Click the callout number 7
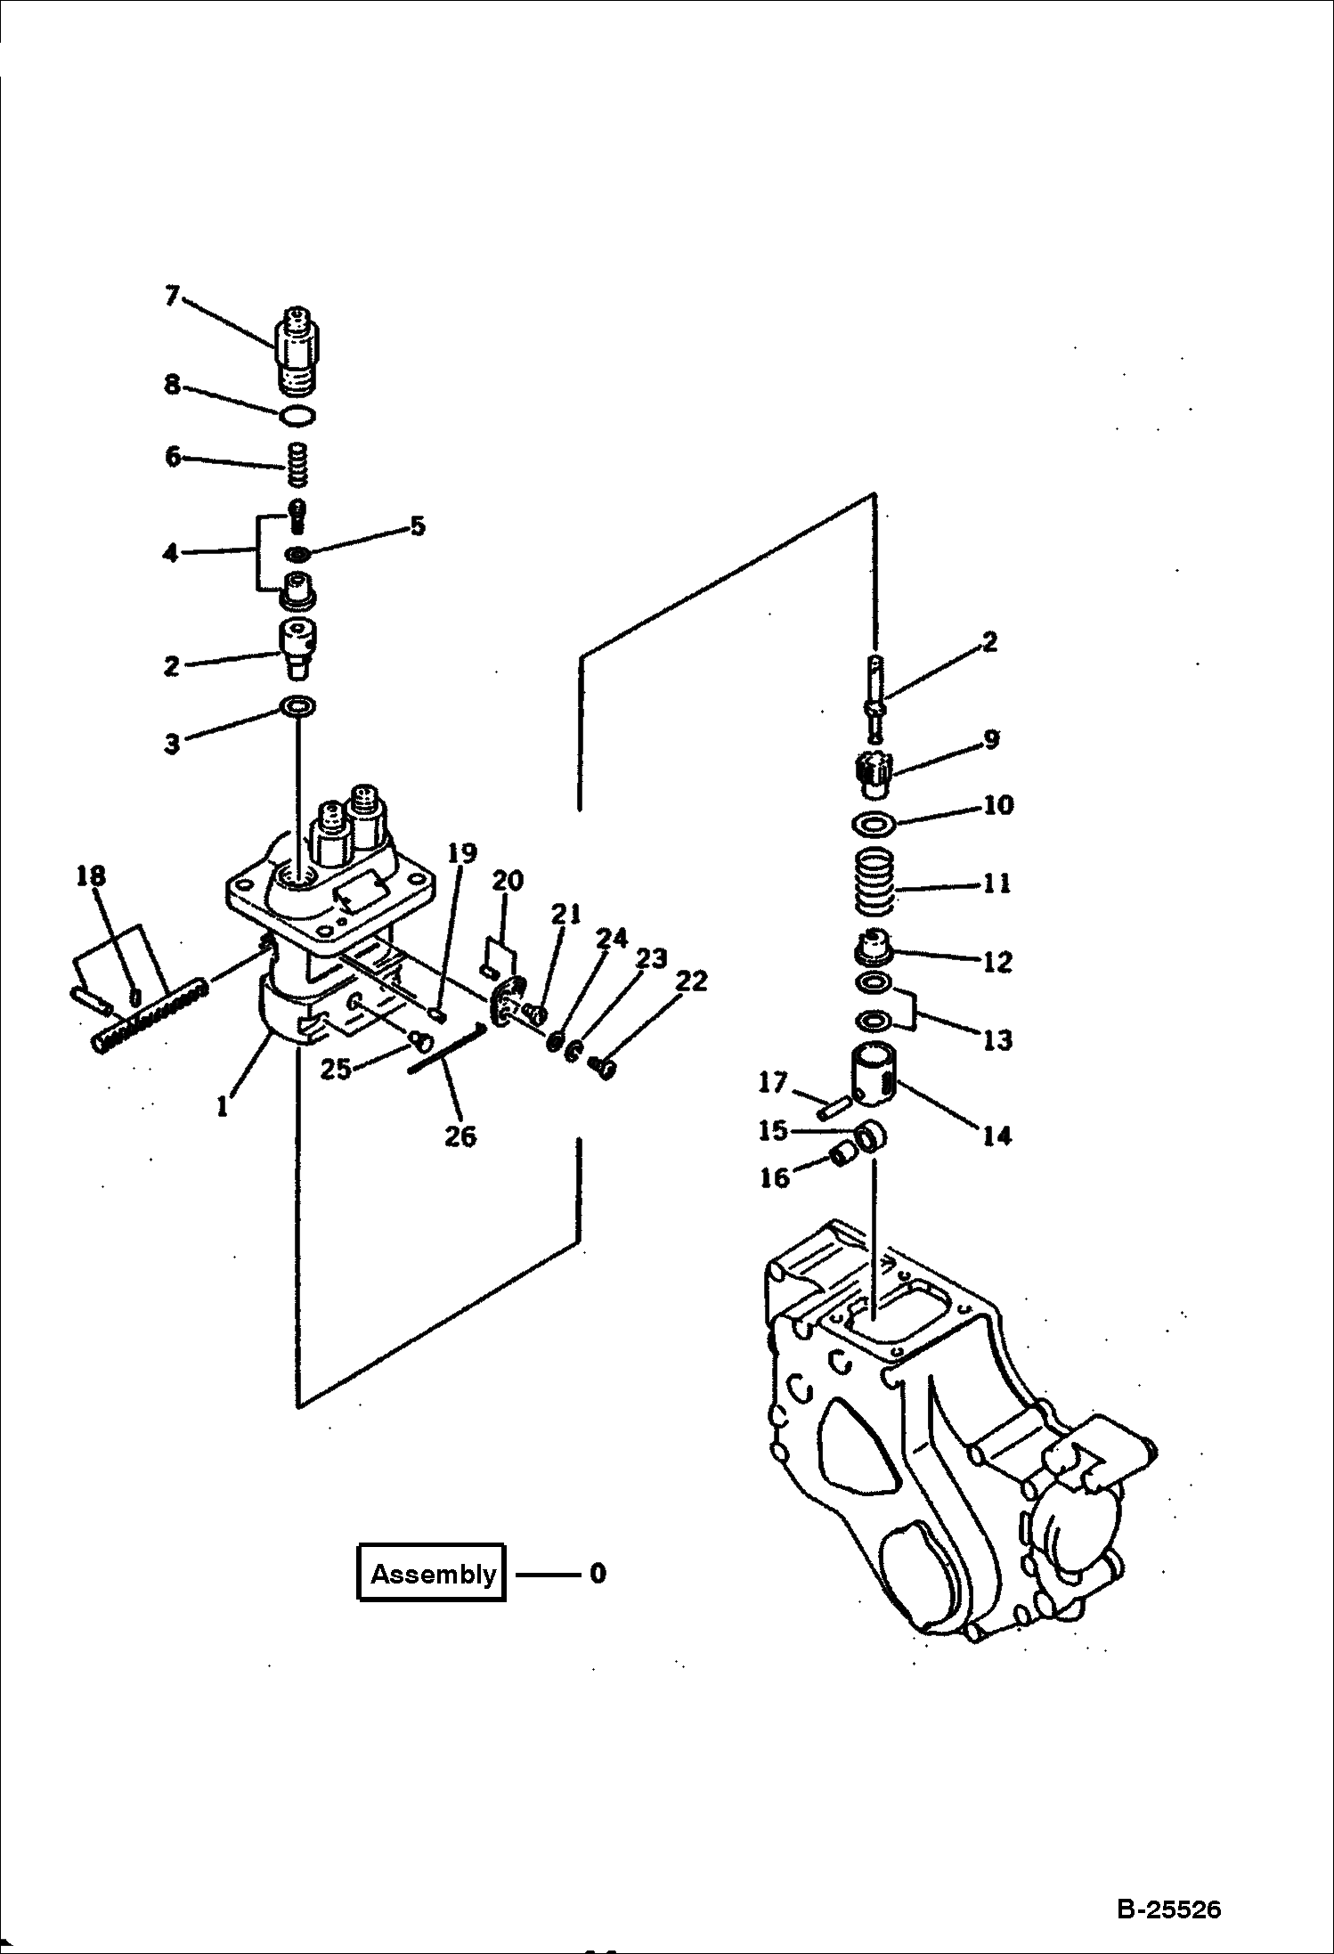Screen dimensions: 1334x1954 (x=173, y=295)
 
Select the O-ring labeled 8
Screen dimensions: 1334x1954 (x=297, y=414)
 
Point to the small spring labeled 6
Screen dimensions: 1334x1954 (x=297, y=465)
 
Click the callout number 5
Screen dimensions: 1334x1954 (x=417, y=525)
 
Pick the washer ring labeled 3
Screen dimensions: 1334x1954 (x=297, y=707)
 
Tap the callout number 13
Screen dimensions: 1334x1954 (x=997, y=1038)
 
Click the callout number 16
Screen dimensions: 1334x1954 (x=775, y=1177)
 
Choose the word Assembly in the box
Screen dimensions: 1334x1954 (x=434, y=1574)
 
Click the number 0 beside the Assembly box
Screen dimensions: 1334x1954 (x=598, y=1573)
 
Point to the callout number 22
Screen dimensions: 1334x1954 (x=691, y=981)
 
